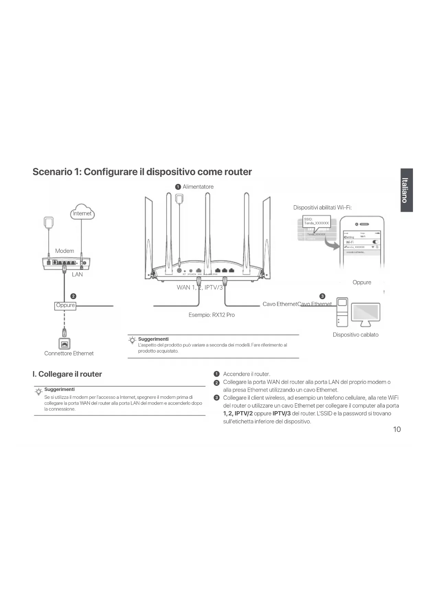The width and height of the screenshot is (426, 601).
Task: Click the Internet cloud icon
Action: [82, 212]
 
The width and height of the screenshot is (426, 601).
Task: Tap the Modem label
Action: [65, 251]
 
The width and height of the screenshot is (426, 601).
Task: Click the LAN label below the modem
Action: [77, 274]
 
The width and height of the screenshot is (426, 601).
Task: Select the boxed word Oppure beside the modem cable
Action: [65, 305]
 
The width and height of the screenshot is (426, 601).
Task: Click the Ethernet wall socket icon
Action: [64, 343]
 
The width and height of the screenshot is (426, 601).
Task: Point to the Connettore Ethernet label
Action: [69, 353]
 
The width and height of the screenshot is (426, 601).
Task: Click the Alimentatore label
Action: [198, 187]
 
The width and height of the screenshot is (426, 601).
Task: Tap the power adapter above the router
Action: [179, 198]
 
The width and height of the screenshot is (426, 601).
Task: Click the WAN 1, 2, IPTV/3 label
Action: [199, 287]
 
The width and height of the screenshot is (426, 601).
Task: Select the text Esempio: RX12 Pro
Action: [211, 315]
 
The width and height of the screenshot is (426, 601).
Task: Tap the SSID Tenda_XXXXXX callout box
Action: [316, 221]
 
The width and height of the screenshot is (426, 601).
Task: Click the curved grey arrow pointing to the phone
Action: [332, 244]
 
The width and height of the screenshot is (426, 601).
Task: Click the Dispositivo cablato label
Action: [355, 335]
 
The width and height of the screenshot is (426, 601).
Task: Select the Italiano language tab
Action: [406, 190]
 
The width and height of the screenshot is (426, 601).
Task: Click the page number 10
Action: [396, 429]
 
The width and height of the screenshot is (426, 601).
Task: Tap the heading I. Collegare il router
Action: [67, 374]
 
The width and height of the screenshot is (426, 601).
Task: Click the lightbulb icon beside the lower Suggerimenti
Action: [39, 391]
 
